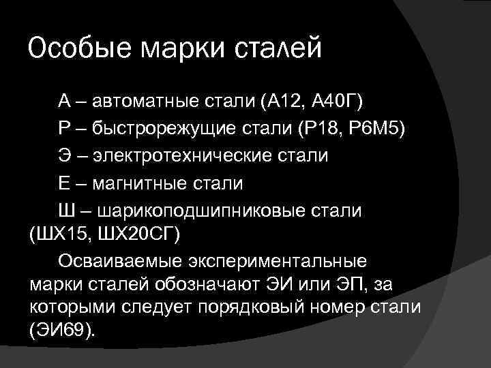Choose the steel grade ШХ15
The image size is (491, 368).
(x=65, y=236)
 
